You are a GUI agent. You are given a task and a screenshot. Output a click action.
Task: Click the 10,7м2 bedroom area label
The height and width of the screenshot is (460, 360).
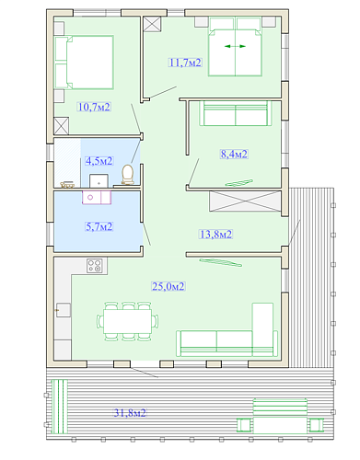94,107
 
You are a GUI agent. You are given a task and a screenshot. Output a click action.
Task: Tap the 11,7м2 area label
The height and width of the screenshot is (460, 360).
185,63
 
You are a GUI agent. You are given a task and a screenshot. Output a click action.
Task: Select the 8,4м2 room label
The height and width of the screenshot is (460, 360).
234,154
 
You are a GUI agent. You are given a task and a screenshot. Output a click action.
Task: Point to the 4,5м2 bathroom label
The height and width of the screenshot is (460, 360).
99,161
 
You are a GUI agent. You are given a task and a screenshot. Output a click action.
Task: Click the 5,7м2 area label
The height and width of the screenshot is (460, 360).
99,226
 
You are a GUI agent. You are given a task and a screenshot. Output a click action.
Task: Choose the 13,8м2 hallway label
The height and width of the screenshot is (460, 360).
216,235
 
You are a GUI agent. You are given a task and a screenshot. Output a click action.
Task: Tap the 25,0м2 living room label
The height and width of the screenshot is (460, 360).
168,286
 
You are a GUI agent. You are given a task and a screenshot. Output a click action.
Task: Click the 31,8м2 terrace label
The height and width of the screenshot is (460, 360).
130,413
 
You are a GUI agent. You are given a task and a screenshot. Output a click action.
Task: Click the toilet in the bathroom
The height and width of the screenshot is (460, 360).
128,175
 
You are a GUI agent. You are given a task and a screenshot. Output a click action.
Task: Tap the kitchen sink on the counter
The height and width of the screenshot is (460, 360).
64,310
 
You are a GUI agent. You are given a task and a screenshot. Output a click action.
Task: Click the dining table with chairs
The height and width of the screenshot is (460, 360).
127,321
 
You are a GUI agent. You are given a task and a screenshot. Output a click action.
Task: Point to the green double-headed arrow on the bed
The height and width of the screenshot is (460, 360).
235,46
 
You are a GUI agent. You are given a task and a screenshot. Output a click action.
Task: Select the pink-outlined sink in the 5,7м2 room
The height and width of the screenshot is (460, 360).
97,197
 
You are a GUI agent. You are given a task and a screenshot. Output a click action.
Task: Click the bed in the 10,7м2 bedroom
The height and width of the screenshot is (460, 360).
84,63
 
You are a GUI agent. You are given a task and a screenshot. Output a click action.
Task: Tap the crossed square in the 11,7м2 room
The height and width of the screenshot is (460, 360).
152,24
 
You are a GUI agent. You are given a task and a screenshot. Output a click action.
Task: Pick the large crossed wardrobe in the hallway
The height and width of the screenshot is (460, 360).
245,201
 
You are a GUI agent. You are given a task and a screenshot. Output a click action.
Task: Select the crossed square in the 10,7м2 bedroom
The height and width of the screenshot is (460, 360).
62,126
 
